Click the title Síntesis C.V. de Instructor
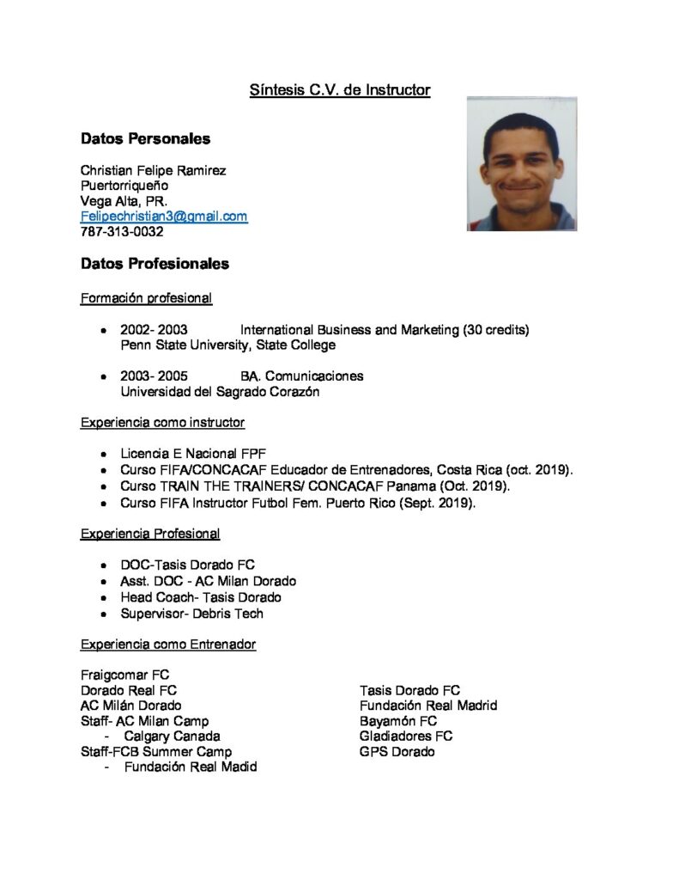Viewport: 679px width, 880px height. click(x=339, y=89)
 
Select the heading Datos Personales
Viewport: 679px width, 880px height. click(x=145, y=138)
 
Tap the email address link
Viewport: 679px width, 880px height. click(x=164, y=217)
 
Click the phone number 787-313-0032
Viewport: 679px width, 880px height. click(x=122, y=232)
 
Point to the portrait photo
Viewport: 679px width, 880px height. click(x=521, y=163)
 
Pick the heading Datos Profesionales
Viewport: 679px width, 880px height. click(x=155, y=264)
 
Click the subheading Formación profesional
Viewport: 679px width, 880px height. click(x=146, y=298)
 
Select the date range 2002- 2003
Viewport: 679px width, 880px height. click(x=155, y=329)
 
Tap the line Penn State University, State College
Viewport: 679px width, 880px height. click(x=227, y=345)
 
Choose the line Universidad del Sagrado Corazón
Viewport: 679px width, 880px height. click(x=220, y=392)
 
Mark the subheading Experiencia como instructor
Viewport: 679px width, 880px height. click(x=162, y=423)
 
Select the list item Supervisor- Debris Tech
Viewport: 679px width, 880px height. click(x=192, y=614)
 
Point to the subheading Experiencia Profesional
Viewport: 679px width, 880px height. click(x=150, y=534)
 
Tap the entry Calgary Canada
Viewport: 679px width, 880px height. click(x=172, y=736)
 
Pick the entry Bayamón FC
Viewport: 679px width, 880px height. click(x=398, y=721)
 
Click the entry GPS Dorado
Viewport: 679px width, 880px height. click(x=397, y=752)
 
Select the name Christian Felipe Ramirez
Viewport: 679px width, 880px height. click(x=154, y=170)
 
